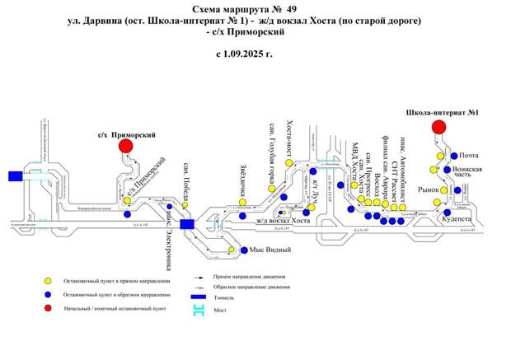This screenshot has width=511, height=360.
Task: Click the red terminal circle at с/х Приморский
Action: (126, 146)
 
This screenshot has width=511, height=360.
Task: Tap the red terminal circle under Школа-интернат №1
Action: (438, 126)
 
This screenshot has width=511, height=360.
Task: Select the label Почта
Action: (469, 155)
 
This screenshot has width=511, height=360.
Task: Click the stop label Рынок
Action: (428, 190)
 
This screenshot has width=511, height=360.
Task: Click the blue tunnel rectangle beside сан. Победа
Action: (187, 223)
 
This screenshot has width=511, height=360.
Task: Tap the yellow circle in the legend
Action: (48, 279)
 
